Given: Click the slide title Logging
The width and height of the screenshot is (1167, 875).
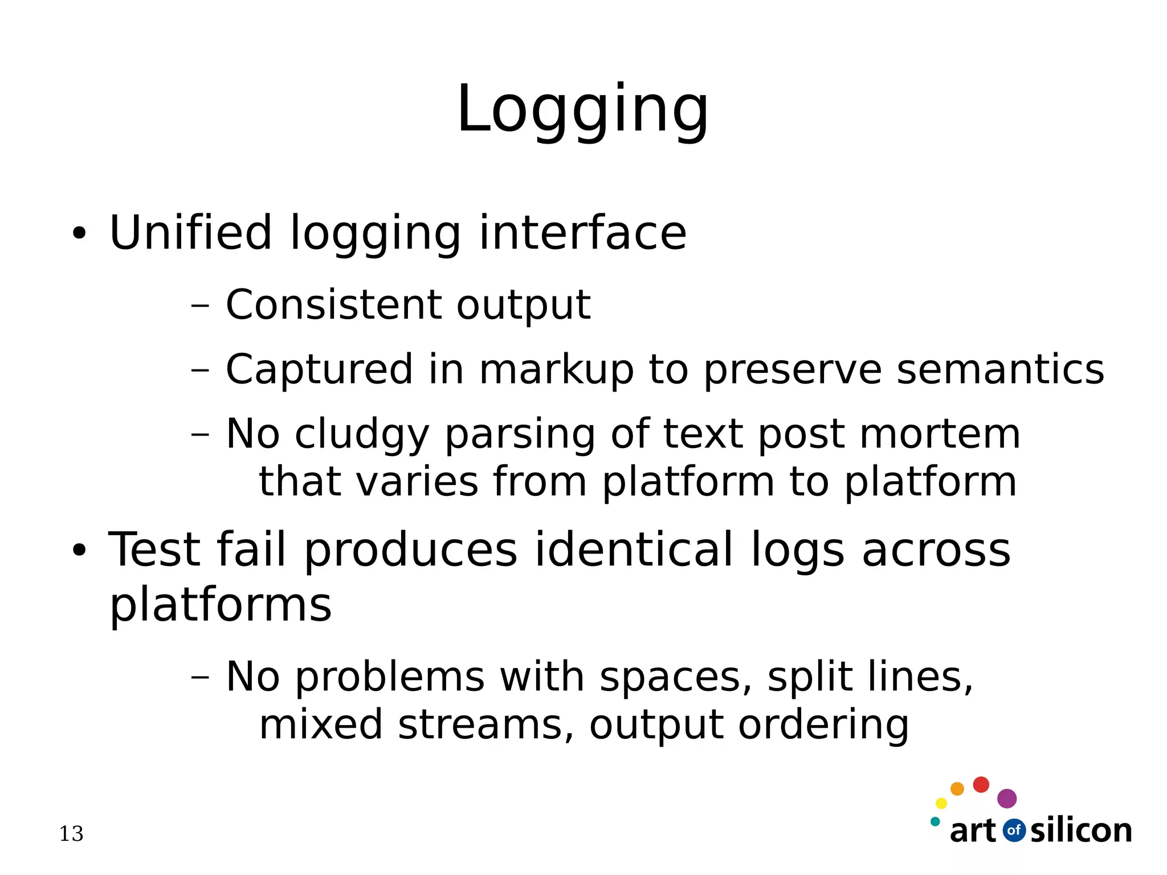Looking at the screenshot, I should point(582,110).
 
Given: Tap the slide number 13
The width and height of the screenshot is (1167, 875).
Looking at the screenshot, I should point(71,834).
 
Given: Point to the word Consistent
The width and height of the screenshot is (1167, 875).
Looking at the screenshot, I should point(333,305).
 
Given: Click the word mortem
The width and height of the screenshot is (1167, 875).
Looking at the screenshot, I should point(940,434).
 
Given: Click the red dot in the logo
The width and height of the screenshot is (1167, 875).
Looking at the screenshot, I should point(981,785).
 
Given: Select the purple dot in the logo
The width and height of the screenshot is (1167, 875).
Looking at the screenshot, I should point(1007,799).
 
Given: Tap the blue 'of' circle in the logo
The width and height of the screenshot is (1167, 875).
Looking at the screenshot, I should point(1014,830).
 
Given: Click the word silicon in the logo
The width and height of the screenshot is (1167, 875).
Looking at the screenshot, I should point(1081,831).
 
